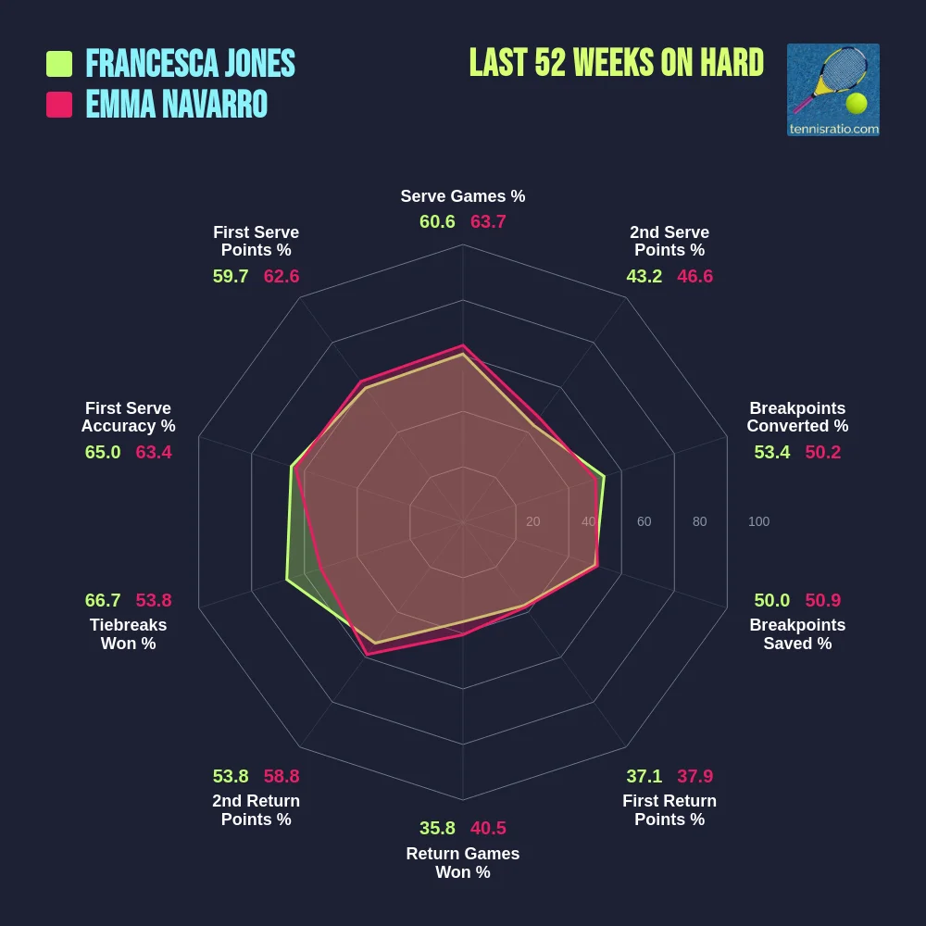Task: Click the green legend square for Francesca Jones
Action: [59, 64]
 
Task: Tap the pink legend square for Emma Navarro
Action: [59, 105]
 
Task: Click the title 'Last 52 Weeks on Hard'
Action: [616, 63]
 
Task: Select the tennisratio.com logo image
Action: [832, 90]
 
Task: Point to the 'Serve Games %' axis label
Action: [463, 196]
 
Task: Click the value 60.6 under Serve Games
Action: [437, 222]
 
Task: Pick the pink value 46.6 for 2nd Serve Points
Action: [694, 276]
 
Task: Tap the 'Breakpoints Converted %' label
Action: [797, 417]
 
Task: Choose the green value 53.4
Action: [772, 452]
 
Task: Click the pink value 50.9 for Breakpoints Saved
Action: [823, 600]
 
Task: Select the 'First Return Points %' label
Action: [669, 810]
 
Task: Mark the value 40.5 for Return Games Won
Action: [488, 828]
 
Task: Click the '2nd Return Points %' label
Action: [257, 810]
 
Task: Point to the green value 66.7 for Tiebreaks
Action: [103, 600]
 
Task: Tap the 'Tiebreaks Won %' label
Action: [128, 634]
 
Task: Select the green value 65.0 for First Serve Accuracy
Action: [103, 452]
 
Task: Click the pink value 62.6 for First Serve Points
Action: [282, 276]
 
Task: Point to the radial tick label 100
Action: [758, 521]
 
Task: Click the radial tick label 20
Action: [532, 521]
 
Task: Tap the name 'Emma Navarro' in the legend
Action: [177, 105]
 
